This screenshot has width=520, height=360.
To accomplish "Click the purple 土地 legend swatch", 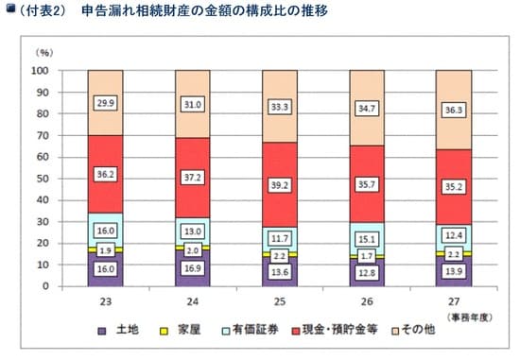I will click(x=101, y=331).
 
